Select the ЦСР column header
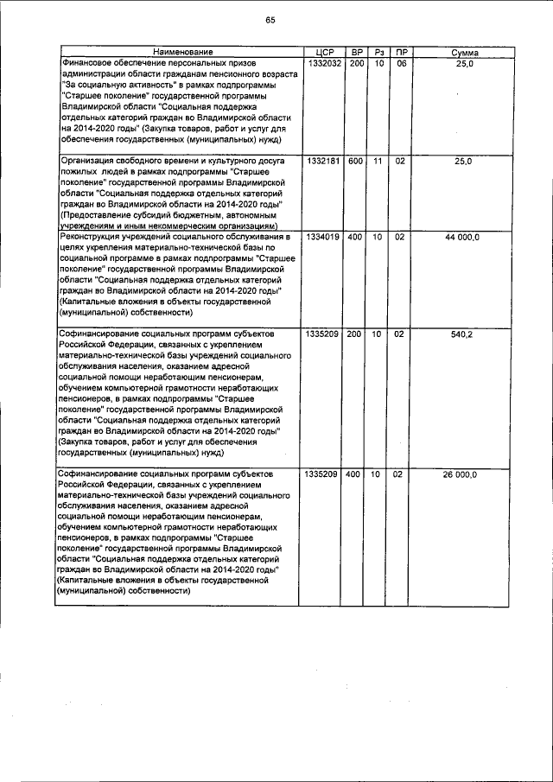point(320,54)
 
